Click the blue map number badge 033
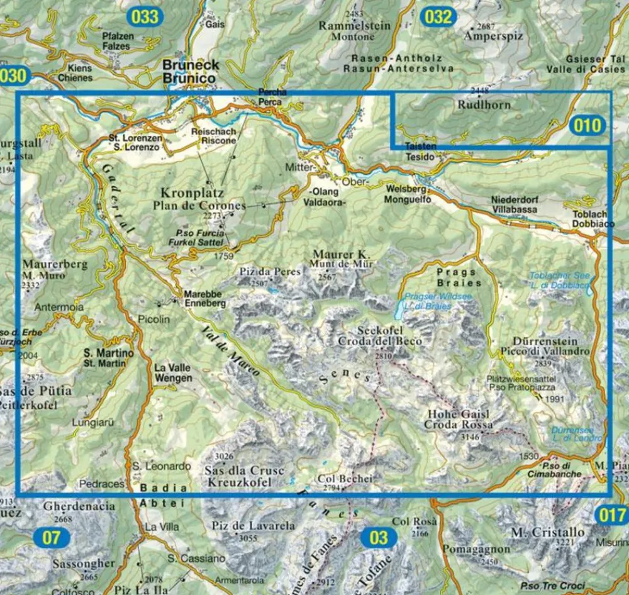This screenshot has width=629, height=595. (x=145, y=16)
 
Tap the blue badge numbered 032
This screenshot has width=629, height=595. (x=438, y=16)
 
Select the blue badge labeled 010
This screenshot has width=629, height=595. (x=587, y=126)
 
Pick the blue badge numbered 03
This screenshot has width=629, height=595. (x=379, y=538)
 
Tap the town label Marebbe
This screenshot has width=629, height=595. (x=201, y=294)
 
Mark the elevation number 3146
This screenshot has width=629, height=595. (x=470, y=437)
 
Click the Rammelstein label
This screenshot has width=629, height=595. (x=354, y=26)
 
